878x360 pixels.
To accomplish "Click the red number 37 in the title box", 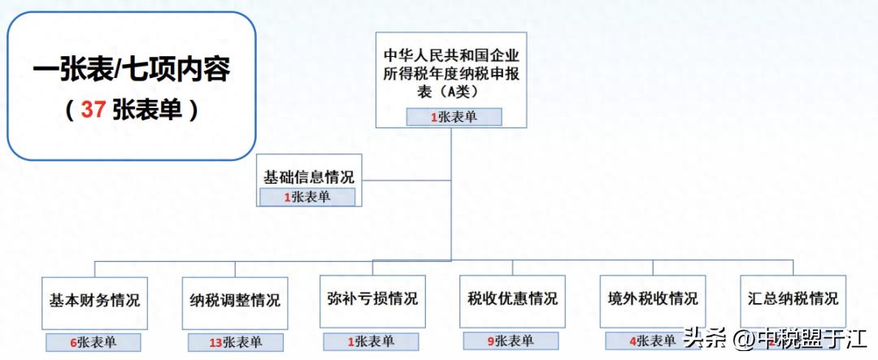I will coord(93,110).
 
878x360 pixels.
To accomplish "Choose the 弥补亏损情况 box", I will coord(372,299).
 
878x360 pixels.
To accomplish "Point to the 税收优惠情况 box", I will coord(512,299).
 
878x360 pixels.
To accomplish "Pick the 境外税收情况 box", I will coord(652,299).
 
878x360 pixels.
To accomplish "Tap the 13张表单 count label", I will coord(235,342).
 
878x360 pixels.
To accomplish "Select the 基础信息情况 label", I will coord(309,176).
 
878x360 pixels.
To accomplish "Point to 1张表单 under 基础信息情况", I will coord(307,197).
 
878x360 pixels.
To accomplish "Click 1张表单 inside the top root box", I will coord(454,117).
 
